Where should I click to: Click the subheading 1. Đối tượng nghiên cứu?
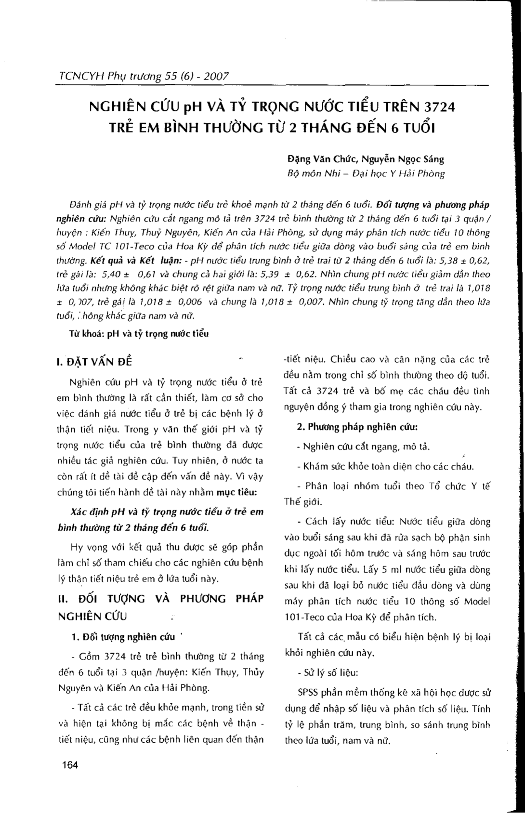(x=122, y=637)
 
